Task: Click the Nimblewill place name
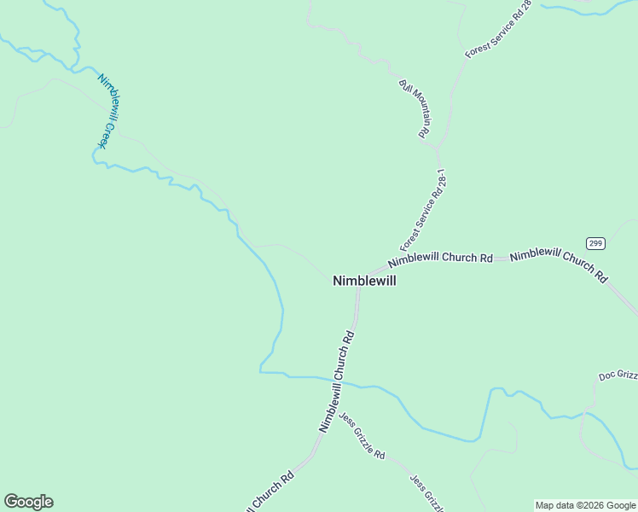click(x=364, y=280)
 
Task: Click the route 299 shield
click(x=595, y=244)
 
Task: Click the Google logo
click(x=28, y=502)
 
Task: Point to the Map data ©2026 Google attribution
click(x=586, y=505)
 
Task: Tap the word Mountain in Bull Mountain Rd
click(x=413, y=103)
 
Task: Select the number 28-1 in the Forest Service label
click(x=440, y=182)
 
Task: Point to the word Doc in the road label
click(x=606, y=376)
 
